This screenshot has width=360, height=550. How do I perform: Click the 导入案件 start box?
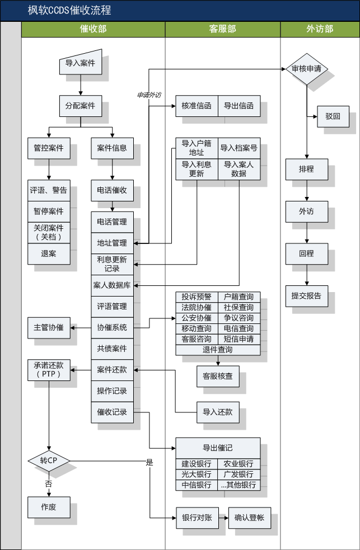[80, 64]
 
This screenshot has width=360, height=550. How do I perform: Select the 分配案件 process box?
[80, 105]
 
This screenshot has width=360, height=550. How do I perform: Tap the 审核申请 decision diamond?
[306, 69]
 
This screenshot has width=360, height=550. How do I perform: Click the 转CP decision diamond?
[49, 460]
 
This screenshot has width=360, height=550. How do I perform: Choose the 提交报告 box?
[306, 295]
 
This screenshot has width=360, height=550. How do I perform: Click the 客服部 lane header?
[222, 29]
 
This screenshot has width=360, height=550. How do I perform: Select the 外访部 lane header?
[320, 29]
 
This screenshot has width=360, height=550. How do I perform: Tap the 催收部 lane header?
[93, 29]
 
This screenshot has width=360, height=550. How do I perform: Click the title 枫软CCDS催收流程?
[69, 11]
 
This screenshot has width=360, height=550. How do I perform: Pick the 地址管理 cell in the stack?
[112, 243]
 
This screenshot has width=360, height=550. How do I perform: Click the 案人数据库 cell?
[112, 285]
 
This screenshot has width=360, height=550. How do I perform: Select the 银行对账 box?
[197, 518]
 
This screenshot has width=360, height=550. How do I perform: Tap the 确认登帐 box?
[249, 518]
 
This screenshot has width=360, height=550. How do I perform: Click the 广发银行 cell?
[239, 474]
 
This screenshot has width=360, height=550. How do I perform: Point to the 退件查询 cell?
[218, 350]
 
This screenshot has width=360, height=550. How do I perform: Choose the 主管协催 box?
[49, 327]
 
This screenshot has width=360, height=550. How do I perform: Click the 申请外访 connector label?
[149, 95]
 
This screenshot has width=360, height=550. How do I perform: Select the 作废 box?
[49, 507]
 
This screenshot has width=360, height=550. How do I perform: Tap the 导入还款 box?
[217, 412]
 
